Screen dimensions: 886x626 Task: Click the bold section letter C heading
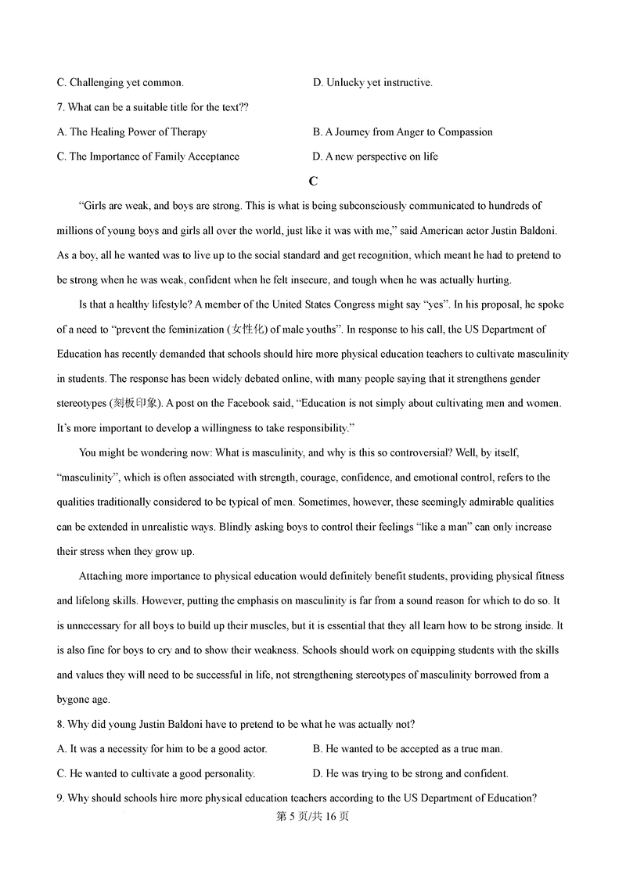click(313, 182)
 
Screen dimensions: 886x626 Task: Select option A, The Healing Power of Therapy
click(132, 132)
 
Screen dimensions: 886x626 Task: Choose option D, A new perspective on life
click(376, 157)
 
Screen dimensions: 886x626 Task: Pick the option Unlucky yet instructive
click(372, 82)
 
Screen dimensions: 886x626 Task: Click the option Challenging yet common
click(121, 82)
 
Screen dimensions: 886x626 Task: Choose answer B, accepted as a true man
click(408, 749)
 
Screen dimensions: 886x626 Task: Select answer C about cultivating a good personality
click(156, 773)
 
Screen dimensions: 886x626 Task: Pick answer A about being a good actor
click(162, 749)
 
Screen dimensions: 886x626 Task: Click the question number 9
click(61, 798)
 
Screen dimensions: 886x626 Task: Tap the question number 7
click(61, 107)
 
